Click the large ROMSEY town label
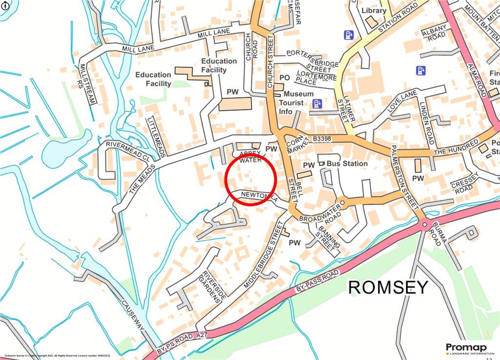tap(388, 287)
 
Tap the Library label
tap(374, 10)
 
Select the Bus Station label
tap(347, 163)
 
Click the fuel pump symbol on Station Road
tap(348, 35)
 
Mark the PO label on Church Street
tap(284, 78)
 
